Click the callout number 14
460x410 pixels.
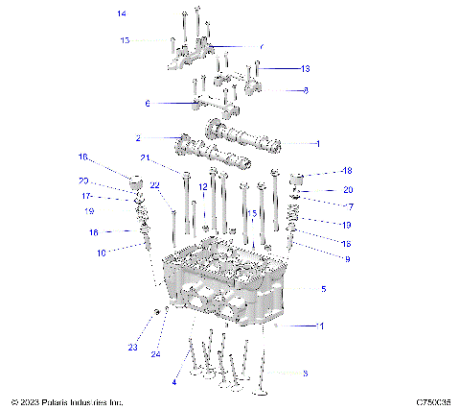pos(121,13)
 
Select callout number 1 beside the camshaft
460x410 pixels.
pos(318,142)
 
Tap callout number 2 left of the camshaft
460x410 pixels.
pos(138,137)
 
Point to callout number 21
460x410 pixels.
pos(145,158)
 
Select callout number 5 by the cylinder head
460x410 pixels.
pos(324,288)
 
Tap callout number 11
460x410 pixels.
pos(321,326)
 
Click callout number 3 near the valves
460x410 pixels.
pos(304,372)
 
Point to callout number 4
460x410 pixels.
pos(174,382)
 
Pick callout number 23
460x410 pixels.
pos(133,347)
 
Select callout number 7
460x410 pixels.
pos(351,206)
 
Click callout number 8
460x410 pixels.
pos(305,90)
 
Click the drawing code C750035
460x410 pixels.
pos(434,401)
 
